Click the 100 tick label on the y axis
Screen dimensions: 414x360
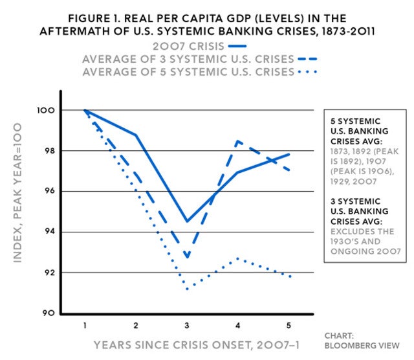click(x=46, y=110)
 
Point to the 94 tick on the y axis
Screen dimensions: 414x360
click(x=50, y=232)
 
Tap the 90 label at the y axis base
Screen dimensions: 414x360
click(x=49, y=313)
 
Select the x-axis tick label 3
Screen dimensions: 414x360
click(x=187, y=325)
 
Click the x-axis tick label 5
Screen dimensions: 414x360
click(x=289, y=325)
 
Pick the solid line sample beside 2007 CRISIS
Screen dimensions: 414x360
click(x=237, y=46)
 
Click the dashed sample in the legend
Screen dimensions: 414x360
click(x=307, y=59)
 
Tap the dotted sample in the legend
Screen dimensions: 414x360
click(x=307, y=72)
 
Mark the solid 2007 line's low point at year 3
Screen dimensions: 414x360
click(x=187, y=221)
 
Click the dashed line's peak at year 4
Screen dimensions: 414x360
click(x=237, y=141)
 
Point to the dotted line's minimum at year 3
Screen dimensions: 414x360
click(x=187, y=289)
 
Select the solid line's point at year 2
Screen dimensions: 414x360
click(x=136, y=135)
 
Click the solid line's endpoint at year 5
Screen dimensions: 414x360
click(x=289, y=154)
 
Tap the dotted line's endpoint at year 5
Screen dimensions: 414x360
click(x=290, y=276)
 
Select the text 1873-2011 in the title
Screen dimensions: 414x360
click(x=348, y=32)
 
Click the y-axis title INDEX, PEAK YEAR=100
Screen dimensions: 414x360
click(x=17, y=193)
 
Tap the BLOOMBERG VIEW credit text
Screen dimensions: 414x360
click(x=362, y=346)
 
